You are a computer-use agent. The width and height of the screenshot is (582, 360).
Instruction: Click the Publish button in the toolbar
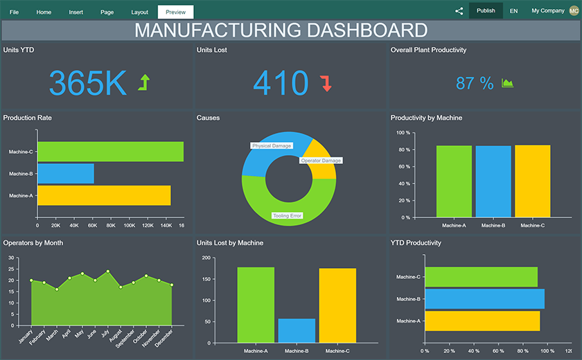(486, 11)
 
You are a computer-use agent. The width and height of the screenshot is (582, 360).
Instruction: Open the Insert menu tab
(76, 12)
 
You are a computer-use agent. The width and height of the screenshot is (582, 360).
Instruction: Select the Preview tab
(175, 12)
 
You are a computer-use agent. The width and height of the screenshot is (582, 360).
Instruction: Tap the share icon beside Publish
(459, 11)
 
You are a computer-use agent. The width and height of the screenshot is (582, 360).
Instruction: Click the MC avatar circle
(574, 10)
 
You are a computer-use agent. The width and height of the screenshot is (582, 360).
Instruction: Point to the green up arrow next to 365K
(143, 83)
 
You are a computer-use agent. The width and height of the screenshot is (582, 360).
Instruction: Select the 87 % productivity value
(475, 84)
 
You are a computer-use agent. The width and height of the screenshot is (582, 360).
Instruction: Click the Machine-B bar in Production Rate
(66, 174)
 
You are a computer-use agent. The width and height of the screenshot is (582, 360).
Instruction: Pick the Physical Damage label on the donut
(272, 146)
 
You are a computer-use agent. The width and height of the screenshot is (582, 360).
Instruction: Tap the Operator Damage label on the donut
(321, 161)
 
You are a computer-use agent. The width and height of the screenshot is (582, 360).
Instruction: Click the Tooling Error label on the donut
(287, 216)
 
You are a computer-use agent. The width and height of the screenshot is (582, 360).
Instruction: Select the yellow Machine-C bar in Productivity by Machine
(532, 181)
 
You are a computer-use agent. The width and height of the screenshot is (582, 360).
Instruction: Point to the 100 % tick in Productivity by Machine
(403, 132)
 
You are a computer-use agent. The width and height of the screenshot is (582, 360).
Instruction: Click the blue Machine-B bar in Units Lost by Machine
(297, 330)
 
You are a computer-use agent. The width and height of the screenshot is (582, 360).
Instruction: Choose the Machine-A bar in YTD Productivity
(482, 321)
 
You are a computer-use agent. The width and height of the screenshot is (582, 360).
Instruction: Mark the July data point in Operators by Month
(108, 271)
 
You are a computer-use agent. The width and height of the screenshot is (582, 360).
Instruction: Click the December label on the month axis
(164, 336)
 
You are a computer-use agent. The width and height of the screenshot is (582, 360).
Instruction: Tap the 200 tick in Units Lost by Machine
(205, 258)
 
